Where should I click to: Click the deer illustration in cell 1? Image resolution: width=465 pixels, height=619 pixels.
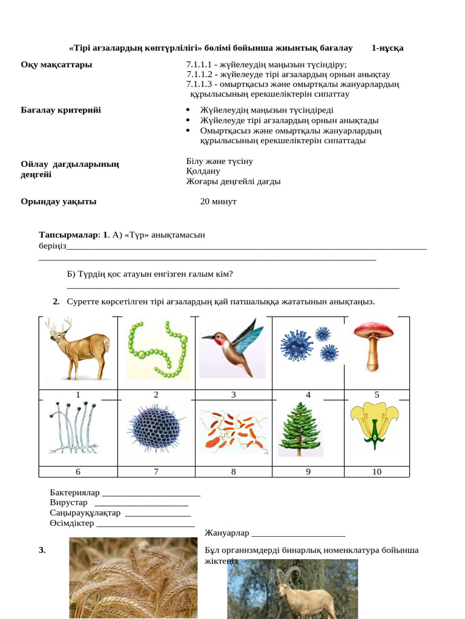pos(77,349)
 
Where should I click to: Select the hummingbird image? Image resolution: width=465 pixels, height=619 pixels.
pos(233,348)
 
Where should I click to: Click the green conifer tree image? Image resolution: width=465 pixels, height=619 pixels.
pos(300,430)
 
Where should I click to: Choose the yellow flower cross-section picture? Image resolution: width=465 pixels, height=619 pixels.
pos(375,425)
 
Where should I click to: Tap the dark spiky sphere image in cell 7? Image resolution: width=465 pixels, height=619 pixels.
pos(156,429)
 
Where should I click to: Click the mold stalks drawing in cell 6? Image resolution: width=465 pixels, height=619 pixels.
pos(73,428)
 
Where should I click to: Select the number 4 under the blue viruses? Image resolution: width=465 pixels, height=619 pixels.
pos(308,395)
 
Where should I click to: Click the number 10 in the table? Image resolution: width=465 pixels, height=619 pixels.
pos(377,472)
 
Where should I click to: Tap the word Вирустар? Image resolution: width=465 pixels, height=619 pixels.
pos(68,503)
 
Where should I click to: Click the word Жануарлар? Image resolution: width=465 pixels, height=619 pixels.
pos(227,533)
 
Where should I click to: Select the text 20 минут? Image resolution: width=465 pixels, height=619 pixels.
pos(218,201)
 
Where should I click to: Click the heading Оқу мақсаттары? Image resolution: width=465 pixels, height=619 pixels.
pos(57,65)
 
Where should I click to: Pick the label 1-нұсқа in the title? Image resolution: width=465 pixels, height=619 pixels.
pos(387,48)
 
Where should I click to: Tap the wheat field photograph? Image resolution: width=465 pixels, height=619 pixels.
pos(133,578)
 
